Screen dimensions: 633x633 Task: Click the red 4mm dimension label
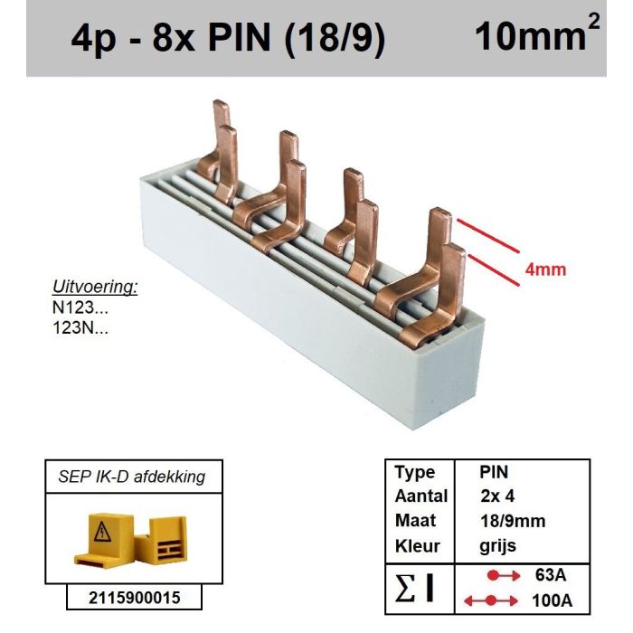(x=545, y=269)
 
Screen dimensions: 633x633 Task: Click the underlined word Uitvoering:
(x=95, y=288)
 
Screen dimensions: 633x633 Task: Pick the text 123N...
(x=80, y=328)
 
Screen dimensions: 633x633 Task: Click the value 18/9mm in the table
(x=512, y=522)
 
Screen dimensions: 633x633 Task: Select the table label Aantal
(x=420, y=496)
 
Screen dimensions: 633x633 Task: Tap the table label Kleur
(x=417, y=546)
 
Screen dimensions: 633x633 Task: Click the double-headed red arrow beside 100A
(x=489, y=600)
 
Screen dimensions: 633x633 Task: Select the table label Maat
(x=415, y=522)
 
